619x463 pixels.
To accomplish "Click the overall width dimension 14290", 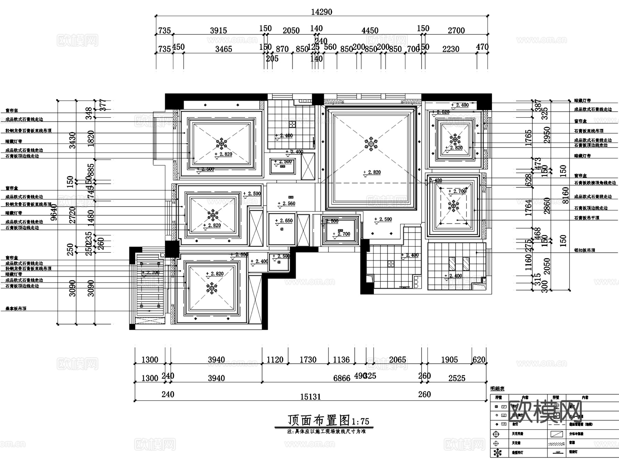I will pos(322,12).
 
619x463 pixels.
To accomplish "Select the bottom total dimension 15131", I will pos(310,397).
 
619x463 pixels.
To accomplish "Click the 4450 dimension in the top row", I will pos(370,31).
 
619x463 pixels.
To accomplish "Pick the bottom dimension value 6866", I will pos(341,378).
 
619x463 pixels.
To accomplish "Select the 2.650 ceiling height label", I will pos(285,221).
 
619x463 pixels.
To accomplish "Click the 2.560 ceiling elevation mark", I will pos(288,203).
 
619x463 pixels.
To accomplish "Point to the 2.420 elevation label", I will pos(435,180).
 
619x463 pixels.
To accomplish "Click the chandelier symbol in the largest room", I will pos(371,144).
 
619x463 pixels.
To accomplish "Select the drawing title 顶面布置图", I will pos(319,420).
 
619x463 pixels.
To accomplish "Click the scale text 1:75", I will pos(360,421).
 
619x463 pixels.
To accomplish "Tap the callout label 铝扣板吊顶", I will pos(584,250).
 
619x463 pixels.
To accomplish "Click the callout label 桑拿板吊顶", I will pos(16,309).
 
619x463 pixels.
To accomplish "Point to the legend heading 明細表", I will pos(497,389).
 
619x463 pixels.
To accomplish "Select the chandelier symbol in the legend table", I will pos(497,453).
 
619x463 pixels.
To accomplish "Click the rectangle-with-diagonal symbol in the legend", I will pos(556,434).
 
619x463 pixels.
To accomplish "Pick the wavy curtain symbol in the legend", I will pos(556,444).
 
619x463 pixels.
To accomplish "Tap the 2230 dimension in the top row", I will pos(450,49).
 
